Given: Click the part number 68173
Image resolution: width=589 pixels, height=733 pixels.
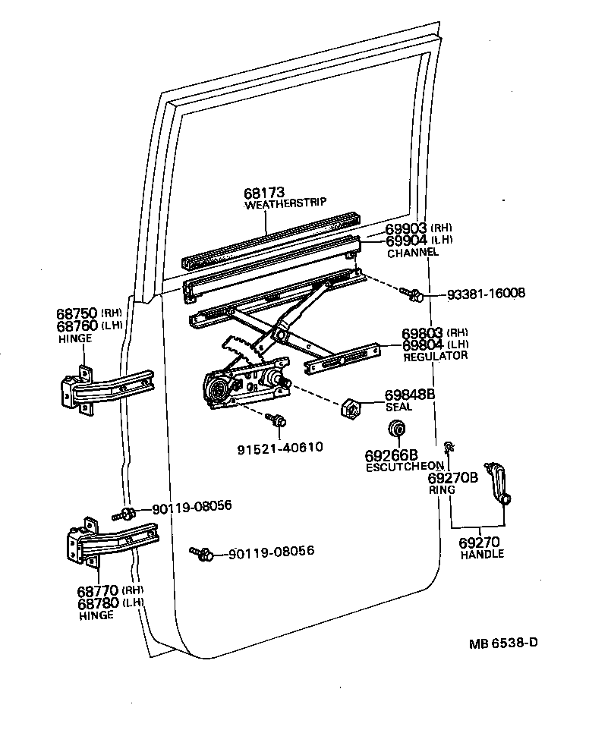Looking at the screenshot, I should coord(264,193).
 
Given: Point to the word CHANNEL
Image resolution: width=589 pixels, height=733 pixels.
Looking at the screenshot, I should coord(413,252).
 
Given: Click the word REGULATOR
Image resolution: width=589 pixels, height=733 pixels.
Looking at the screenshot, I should coord(436,355).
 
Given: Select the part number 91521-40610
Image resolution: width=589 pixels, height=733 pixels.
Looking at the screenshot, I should coord(279,447).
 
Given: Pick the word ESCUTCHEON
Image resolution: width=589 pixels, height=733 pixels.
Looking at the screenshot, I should coord(404,466).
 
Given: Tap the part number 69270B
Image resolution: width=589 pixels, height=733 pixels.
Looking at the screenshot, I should coord(453,478).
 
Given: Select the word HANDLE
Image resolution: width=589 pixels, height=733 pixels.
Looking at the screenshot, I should coord(482,554).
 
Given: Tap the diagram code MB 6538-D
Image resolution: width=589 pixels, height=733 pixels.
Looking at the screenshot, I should coord(503,643).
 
